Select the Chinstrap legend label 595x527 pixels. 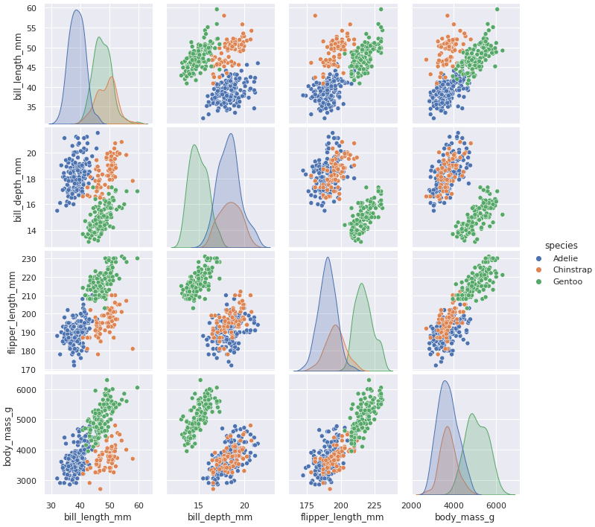click(572, 270)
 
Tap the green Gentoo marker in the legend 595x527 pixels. click(539, 282)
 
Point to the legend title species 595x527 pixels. click(561, 246)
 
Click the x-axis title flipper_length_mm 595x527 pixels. click(342, 517)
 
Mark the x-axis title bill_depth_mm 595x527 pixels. click(219, 517)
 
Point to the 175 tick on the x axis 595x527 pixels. click(308, 504)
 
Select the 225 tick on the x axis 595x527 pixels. click(378, 504)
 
